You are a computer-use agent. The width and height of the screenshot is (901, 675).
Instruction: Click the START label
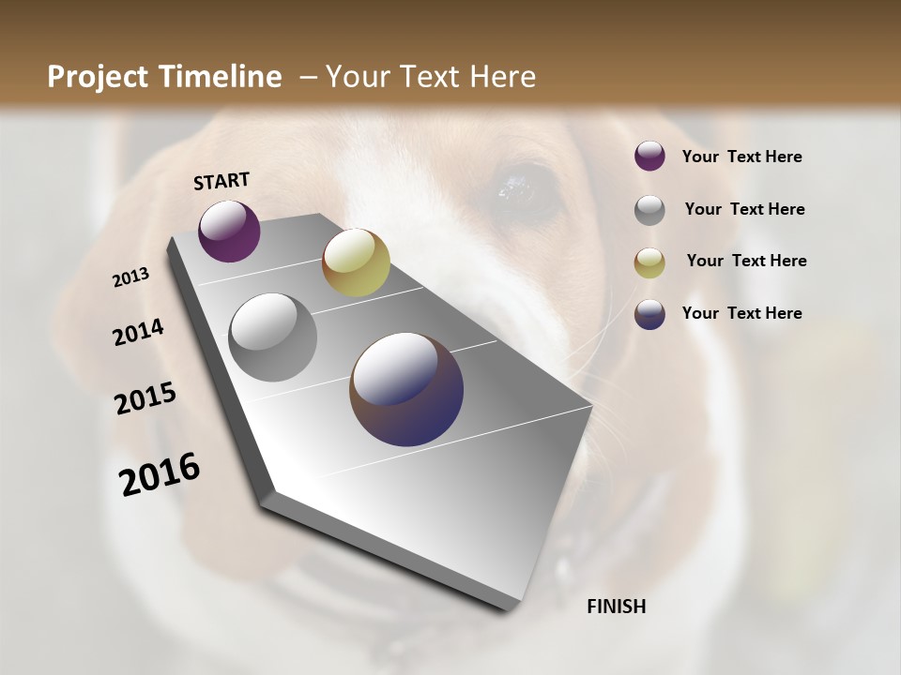click(x=221, y=181)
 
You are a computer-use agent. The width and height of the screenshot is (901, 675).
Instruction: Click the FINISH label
click(x=616, y=607)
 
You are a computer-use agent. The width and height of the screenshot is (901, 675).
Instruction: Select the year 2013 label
click(x=130, y=277)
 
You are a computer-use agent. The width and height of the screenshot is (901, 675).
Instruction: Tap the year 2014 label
click(x=138, y=332)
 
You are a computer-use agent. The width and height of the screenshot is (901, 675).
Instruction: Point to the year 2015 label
click(x=145, y=398)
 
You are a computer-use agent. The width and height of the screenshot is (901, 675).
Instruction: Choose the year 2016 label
click(x=160, y=474)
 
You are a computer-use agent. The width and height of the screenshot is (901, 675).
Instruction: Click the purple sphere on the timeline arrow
click(x=229, y=231)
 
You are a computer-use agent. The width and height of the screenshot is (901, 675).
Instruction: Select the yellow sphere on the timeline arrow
click(x=356, y=262)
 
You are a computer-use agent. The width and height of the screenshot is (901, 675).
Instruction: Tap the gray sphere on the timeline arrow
click(x=272, y=337)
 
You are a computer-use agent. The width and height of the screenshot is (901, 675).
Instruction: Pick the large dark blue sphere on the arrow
click(x=406, y=389)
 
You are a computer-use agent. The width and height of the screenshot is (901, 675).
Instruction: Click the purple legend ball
click(x=649, y=157)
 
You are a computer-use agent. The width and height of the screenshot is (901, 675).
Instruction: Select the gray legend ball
click(x=649, y=210)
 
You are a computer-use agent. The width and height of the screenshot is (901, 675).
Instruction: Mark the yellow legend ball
click(x=649, y=262)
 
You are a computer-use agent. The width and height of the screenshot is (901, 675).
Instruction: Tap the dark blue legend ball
click(x=649, y=314)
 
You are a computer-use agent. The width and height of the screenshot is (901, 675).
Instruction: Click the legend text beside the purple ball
click(x=741, y=157)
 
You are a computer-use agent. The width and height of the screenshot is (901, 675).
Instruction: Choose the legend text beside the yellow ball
click(x=746, y=261)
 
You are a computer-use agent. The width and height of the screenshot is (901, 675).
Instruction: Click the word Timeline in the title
click(x=222, y=77)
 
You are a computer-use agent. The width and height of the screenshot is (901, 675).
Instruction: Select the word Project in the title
click(x=99, y=77)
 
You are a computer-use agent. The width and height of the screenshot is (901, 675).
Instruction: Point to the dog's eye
click(x=517, y=187)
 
